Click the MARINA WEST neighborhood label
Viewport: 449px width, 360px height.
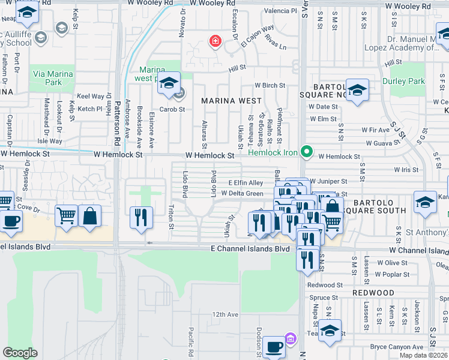coord(231,101)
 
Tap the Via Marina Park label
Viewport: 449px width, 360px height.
coord(53,78)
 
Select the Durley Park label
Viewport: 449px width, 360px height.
coord(408,81)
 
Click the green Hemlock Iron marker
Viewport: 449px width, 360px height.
coord(307,152)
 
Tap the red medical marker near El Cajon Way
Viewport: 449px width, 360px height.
coord(214,41)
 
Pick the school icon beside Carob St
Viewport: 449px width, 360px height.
coord(169,84)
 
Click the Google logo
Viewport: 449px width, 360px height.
coord(20,353)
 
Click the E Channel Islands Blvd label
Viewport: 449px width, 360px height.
coord(250,249)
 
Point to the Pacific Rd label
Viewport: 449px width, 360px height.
coord(190,341)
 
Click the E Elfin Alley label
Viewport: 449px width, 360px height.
coord(246,183)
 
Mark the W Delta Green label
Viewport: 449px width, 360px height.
coord(242,193)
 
